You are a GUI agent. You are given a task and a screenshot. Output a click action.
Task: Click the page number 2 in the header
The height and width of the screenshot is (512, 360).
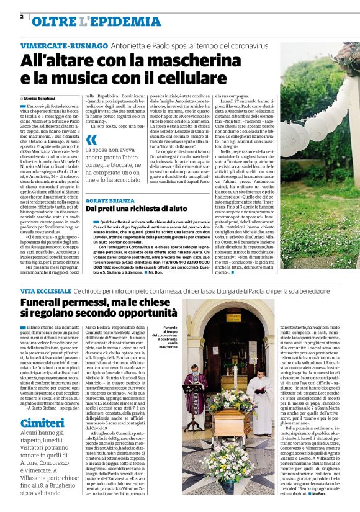[22, 16]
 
